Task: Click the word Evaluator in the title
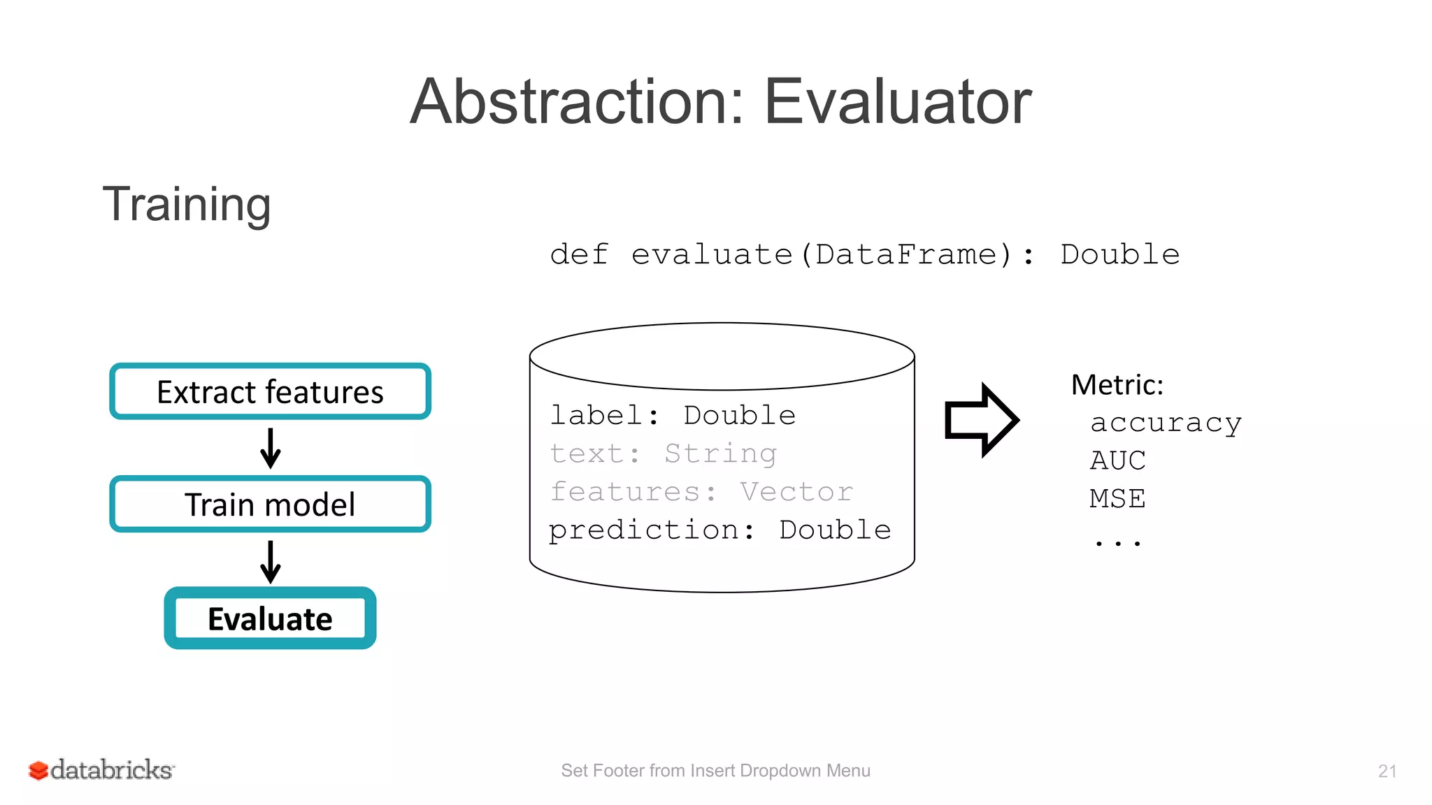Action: [897, 102]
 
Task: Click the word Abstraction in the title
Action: [577, 102]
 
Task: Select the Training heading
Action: [187, 205]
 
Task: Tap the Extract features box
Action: [270, 391]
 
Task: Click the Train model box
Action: [270, 504]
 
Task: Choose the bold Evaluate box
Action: [270, 618]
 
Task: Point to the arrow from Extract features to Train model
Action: [270, 448]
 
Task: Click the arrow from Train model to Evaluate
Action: [270, 561]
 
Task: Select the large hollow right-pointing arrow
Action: [981, 420]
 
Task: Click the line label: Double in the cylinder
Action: [673, 415]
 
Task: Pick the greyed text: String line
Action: [663, 454]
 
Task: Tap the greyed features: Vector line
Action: [701, 491]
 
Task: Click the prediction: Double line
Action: [719, 530]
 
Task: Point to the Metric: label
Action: [1117, 385]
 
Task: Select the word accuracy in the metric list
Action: [1166, 423]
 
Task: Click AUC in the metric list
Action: [1117, 460]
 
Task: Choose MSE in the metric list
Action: [1117, 499]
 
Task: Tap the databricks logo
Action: [101, 770]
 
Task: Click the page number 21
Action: [1387, 771]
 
